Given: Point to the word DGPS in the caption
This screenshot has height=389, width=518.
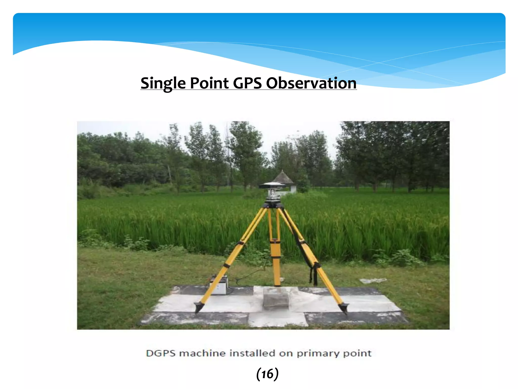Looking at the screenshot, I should (x=161, y=353).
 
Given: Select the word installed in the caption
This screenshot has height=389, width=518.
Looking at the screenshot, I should (x=252, y=353).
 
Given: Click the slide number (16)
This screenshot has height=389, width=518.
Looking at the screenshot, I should (x=267, y=374).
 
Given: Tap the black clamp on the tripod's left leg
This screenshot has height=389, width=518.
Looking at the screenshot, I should (x=226, y=265).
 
